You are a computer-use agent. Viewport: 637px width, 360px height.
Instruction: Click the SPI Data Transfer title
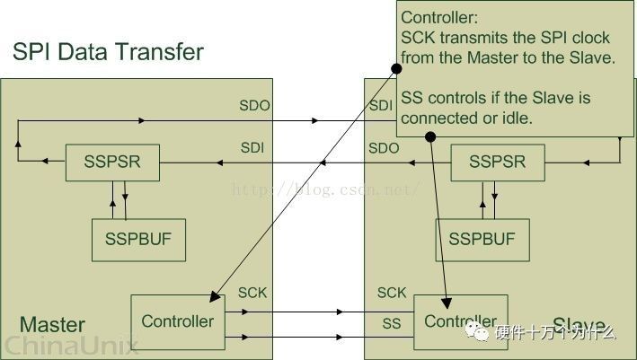point(108,51)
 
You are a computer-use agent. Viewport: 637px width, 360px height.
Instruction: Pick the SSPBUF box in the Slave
point(482,239)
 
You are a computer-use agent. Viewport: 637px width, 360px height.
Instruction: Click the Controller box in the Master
point(178,320)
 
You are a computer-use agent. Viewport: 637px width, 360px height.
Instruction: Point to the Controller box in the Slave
point(460,321)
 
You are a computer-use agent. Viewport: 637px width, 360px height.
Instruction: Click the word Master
point(52,324)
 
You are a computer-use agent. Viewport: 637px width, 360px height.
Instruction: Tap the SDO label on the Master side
point(254,106)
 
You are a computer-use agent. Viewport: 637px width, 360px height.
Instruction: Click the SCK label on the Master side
point(252,294)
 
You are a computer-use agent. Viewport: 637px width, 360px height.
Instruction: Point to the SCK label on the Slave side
point(392,294)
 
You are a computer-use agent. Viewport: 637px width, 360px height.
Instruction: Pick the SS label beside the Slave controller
point(392,323)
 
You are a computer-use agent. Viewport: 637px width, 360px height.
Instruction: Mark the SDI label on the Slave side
point(381,106)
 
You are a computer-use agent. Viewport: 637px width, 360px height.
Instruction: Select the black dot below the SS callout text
point(430,137)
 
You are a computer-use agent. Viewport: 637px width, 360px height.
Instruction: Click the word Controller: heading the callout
point(438,17)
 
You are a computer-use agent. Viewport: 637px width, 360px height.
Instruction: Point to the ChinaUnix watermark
point(69,345)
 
